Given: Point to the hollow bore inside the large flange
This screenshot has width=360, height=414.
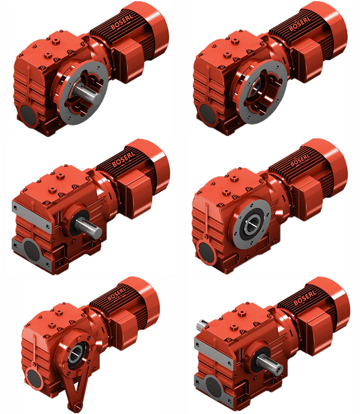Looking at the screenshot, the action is (x=255, y=87).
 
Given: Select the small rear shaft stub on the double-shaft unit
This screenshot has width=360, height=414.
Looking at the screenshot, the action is (x=201, y=325).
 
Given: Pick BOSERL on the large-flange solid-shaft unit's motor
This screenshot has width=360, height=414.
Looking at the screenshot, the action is (x=122, y=22).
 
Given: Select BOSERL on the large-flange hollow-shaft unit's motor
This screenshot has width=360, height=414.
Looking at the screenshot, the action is (x=300, y=24).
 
